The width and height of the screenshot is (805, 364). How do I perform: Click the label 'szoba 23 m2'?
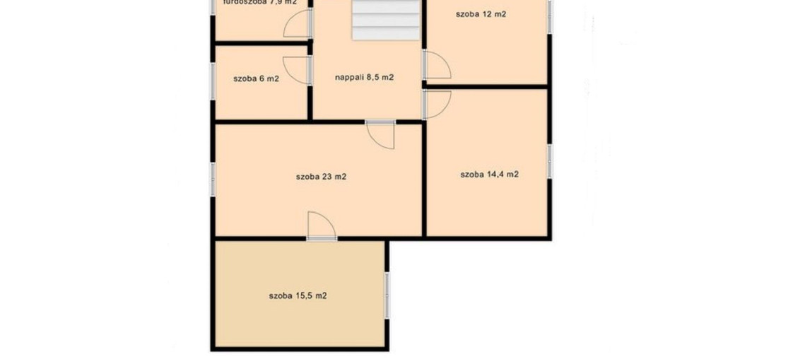(x=321, y=177)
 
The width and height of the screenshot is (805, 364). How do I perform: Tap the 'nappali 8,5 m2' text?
(x=364, y=78)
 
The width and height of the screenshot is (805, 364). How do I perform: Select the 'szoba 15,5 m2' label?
(x=298, y=295)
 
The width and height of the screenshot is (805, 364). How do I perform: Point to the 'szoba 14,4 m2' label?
(x=489, y=174)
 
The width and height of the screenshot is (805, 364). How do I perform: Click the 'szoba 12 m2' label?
(x=481, y=14)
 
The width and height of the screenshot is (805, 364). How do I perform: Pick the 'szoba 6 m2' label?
(x=256, y=78)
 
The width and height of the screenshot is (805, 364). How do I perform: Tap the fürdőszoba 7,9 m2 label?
(x=259, y=3)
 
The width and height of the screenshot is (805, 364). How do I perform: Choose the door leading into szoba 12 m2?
(x=435, y=66)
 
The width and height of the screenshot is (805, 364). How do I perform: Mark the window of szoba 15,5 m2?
(x=387, y=295)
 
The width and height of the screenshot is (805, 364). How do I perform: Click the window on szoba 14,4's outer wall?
(x=549, y=162)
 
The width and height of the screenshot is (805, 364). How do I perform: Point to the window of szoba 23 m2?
(x=212, y=178)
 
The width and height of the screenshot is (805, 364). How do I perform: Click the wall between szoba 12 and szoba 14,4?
(x=488, y=87)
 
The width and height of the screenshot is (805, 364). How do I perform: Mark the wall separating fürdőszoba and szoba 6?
(x=262, y=44)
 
